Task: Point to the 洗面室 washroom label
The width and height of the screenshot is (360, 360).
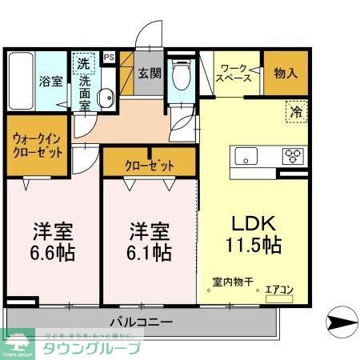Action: [83, 91]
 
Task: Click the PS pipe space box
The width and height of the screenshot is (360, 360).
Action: [109, 57]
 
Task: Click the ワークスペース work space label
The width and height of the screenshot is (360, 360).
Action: [237, 73]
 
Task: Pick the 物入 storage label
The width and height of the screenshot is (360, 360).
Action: [286, 73]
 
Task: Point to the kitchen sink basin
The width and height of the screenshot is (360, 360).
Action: [245, 155]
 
